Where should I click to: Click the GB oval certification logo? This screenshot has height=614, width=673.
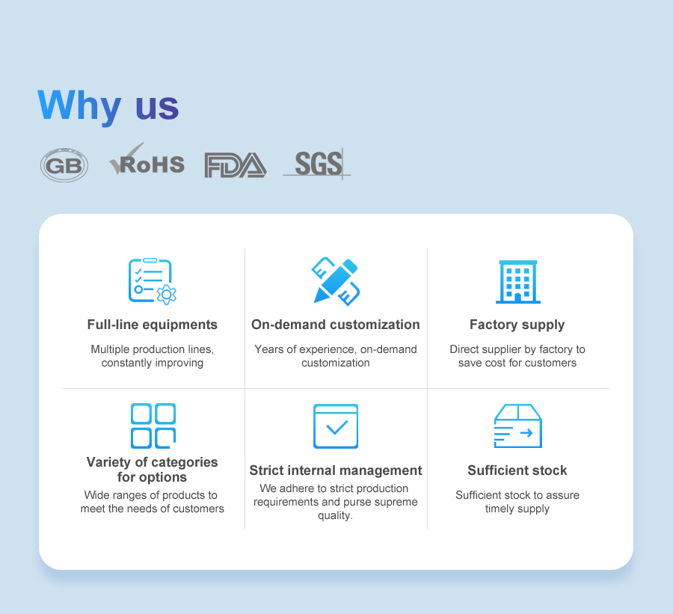[x=64, y=165]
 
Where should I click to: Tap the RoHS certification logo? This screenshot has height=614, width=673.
[x=147, y=159]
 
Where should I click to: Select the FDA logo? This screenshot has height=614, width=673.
[x=236, y=165]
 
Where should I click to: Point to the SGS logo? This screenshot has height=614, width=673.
[x=317, y=164]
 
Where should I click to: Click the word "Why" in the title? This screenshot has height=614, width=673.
[x=79, y=105]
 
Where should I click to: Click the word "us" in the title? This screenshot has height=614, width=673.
[x=157, y=107]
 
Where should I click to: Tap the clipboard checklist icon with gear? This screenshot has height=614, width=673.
[x=153, y=281]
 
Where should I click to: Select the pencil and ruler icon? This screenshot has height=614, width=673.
[x=336, y=281]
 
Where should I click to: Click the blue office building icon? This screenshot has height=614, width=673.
[x=518, y=282]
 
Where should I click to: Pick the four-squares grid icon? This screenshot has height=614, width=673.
[x=153, y=426]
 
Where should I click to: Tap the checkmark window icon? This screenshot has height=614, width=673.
[x=336, y=426]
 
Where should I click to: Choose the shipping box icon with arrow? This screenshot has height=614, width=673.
[x=518, y=426]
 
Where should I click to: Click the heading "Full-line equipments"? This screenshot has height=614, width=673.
[x=153, y=325]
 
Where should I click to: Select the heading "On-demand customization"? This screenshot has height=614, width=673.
[x=336, y=325]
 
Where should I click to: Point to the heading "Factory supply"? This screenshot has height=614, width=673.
[x=517, y=325]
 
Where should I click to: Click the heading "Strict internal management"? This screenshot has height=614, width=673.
[x=336, y=470]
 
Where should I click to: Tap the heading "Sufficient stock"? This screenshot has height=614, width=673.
[x=517, y=470]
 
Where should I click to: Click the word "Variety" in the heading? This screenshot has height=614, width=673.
[x=108, y=462]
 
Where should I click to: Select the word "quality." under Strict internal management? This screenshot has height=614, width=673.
[x=335, y=516]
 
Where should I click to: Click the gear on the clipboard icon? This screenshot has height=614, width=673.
[x=167, y=295]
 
